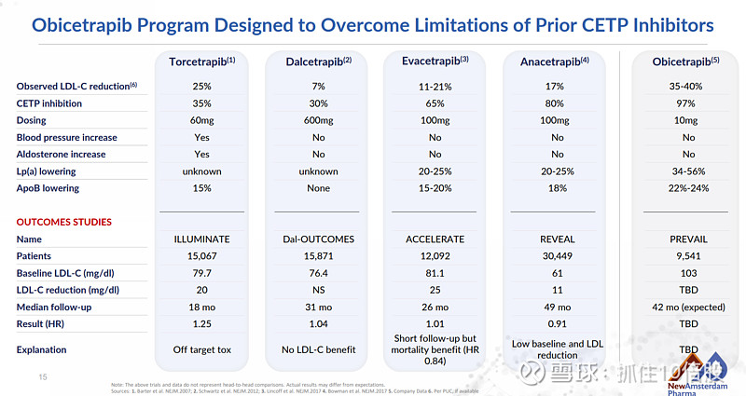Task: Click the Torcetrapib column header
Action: (201, 61)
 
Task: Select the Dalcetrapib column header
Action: (319, 61)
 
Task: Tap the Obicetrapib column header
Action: (688, 61)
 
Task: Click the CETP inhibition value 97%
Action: (688, 103)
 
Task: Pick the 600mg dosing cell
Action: (319, 120)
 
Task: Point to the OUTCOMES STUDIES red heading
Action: (64, 222)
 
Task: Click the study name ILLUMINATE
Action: (201, 239)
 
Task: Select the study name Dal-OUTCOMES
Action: (319, 239)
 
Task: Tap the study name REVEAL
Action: (558, 239)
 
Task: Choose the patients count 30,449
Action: (558, 256)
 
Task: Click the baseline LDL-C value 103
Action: (688, 273)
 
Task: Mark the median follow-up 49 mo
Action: (558, 307)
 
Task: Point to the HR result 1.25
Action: (201, 323)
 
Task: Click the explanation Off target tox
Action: (201, 350)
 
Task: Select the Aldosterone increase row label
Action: (61, 155)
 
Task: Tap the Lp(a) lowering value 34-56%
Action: (688, 171)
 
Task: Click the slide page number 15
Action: (42, 376)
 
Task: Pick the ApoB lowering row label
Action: (48, 188)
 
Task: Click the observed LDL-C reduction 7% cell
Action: (319, 87)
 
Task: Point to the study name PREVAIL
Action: (688, 239)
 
